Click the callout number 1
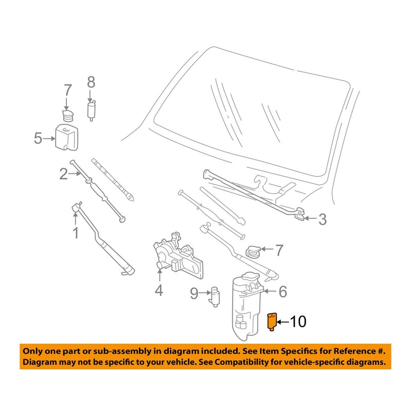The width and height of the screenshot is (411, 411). click(x=76, y=234)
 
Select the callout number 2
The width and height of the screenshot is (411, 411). click(x=63, y=174)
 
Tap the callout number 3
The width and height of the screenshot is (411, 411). click(x=322, y=220)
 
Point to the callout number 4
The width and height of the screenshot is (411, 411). click(x=159, y=290)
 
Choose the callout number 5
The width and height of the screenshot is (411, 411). click(x=38, y=138)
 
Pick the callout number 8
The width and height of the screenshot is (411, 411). click(x=91, y=82)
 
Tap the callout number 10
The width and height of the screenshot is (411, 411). click(x=298, y=322)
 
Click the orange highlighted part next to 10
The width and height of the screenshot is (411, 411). click(x=272, y=322)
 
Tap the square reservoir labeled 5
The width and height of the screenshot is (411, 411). click(x=66, y=136)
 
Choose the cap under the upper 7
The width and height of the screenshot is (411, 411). click(x=66, y=115)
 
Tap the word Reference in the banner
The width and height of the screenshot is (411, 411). click(x=350, y=351)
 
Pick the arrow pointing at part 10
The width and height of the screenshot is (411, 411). click(x=284, y=322)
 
